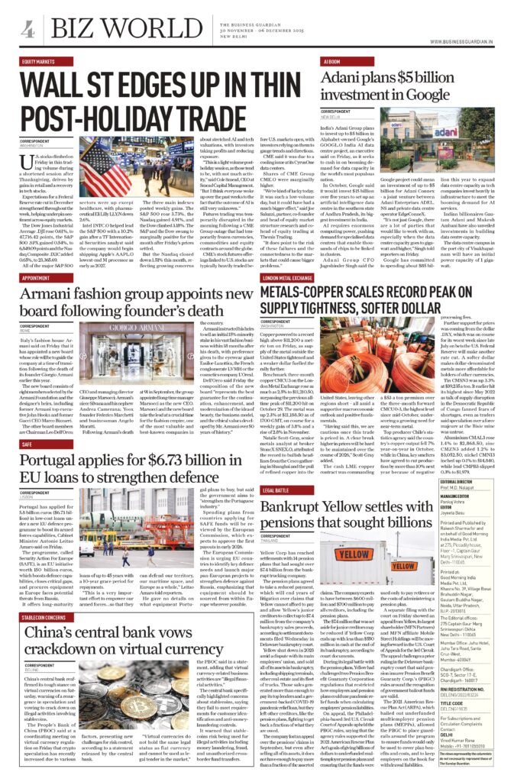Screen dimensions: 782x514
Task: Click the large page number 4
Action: click(x=27, y=29)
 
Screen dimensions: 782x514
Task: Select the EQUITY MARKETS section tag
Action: click(x=42, y=60)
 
